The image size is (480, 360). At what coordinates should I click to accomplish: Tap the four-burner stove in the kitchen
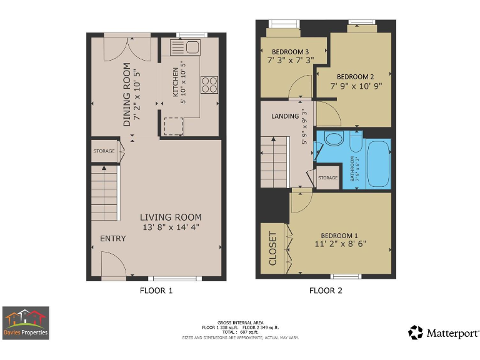(x=209, y=84)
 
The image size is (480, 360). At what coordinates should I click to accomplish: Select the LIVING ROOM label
(x=171, y=217)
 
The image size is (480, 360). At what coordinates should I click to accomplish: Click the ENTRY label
(x=112, y=239)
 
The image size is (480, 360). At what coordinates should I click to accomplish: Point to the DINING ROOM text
(x=127, y=95)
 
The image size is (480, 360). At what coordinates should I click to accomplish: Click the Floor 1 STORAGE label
(x=104, y=151)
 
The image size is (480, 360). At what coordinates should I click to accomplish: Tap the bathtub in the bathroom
(x=377, y=164)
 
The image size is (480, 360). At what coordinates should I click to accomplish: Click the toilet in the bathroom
(x=332, y=139)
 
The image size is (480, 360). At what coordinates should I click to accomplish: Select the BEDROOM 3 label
(x=290, y=52)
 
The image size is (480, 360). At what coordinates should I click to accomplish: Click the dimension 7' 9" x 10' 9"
(x=356, y=86)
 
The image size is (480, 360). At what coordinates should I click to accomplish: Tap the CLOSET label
(x=272, y=248)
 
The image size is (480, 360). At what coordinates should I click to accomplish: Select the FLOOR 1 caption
(x=156, y=291)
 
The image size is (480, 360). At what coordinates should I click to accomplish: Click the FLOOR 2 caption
(x=326, y=291)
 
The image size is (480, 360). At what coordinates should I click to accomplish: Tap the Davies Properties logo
(x=26, y=322)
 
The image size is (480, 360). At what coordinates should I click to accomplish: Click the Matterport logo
(x=444, y=332)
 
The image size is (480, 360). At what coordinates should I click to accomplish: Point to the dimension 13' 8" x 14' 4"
(x=171, y=227)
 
